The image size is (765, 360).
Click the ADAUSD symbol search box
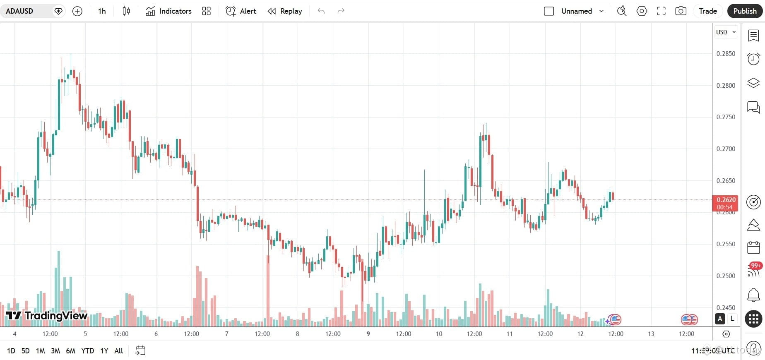25,11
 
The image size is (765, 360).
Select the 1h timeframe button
102,11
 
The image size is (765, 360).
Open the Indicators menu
168,11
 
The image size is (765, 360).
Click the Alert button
241,11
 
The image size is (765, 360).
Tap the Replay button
285,11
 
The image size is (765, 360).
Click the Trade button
707,11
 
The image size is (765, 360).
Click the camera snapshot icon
681,11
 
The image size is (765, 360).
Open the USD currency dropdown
726,32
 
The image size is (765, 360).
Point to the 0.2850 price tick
726,54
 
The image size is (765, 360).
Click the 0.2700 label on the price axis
726,149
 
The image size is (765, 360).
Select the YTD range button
87,351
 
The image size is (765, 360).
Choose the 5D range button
25,351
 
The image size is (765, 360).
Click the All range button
118,351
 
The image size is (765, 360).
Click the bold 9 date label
368,334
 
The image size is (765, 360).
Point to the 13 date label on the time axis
651,334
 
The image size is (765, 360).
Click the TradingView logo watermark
46,316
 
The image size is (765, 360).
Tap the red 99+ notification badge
755,266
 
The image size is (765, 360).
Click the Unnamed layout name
576,11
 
